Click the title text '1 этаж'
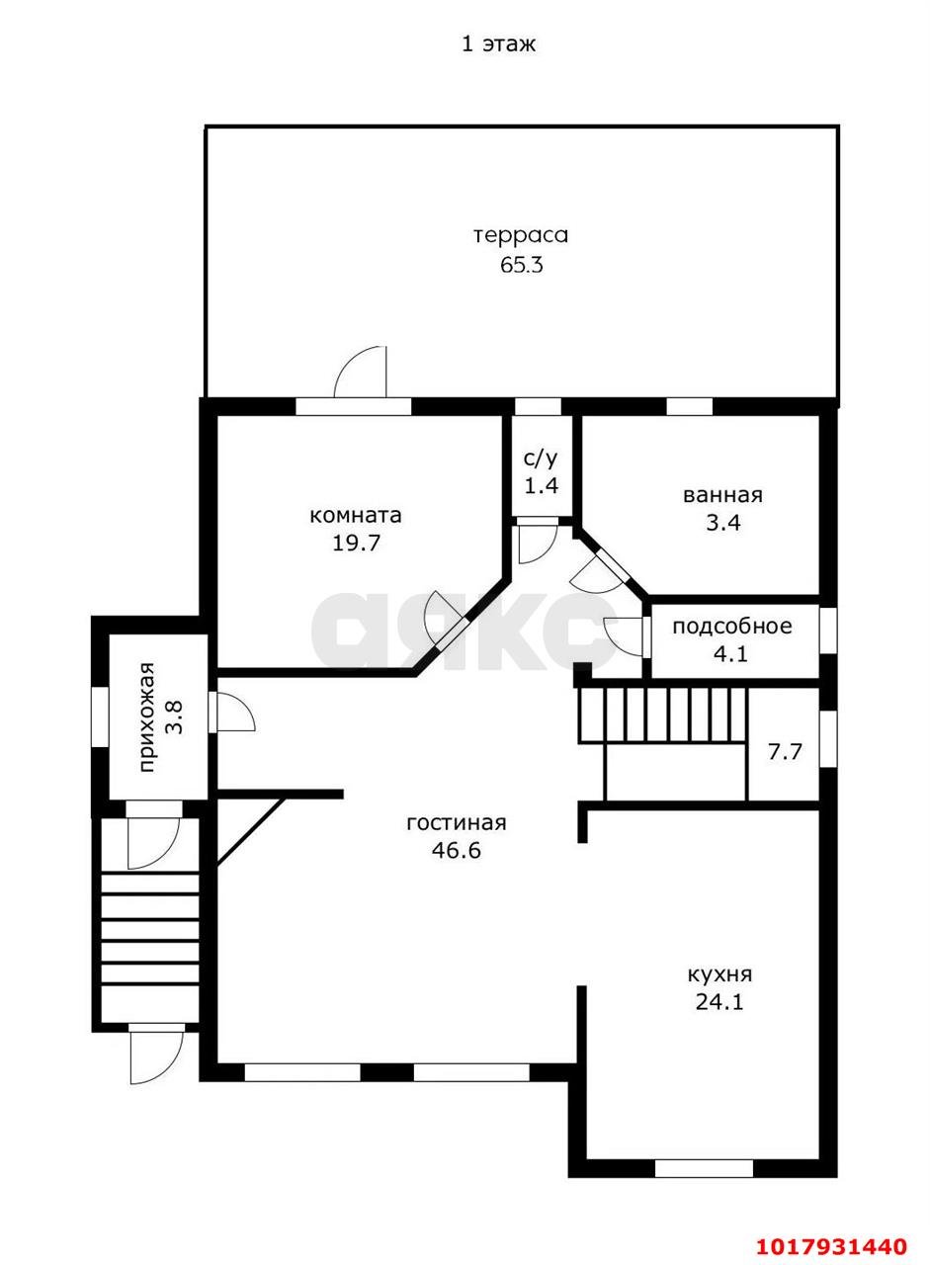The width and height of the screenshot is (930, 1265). point(498,44)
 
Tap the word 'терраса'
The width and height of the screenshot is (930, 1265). point(521,235)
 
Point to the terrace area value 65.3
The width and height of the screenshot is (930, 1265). point(521,264)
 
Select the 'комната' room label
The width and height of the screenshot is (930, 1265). point(356,515)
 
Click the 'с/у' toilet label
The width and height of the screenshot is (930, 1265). point(541,459)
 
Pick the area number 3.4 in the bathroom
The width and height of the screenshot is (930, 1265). point(722,523)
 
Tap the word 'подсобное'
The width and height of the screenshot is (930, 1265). point(731,627)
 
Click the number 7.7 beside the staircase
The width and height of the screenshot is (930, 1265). point(785,752)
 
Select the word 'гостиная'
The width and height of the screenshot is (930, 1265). point(457,823)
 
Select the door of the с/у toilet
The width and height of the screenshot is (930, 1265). point(538,542)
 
